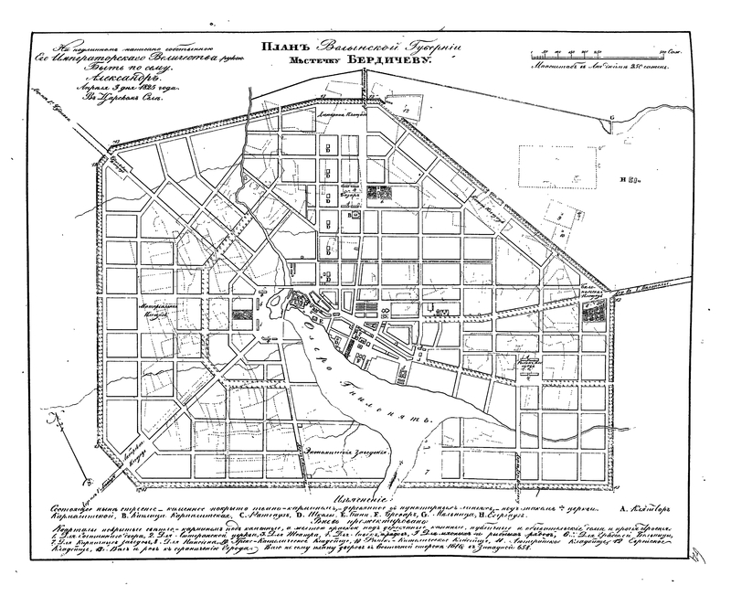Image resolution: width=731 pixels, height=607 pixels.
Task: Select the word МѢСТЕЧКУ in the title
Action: tap(313, 59)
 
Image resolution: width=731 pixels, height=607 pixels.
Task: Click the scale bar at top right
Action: tap(603, 58)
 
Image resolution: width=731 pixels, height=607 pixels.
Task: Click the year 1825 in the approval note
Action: tap(144, 88)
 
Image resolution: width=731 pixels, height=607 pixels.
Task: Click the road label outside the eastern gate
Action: tap(645, 291)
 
